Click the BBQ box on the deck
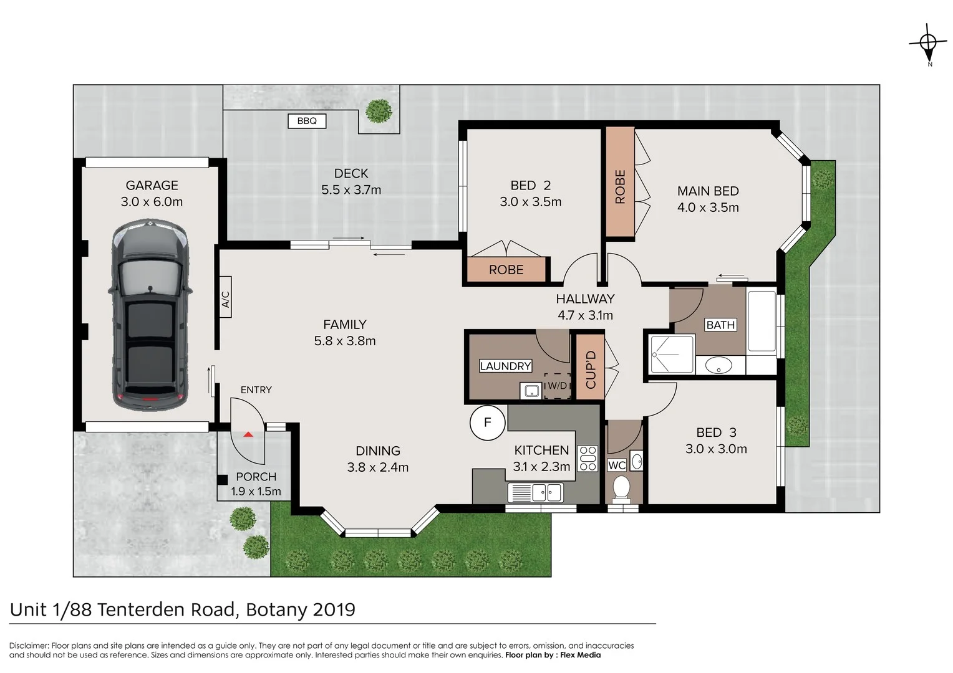point(307,121)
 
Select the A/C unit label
point(226,297)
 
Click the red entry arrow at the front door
point(248,434)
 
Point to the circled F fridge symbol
point(487,422)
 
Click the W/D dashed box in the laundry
point(557,386)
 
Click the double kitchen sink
point(537,493)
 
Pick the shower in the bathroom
point(672,355)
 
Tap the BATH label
point(720,325)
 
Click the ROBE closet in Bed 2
point(506,270)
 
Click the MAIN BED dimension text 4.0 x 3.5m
point(708,208)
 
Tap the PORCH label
point(256,477)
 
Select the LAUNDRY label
point(505,366)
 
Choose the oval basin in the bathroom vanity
point(718,365)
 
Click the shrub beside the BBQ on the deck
point(379,112)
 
